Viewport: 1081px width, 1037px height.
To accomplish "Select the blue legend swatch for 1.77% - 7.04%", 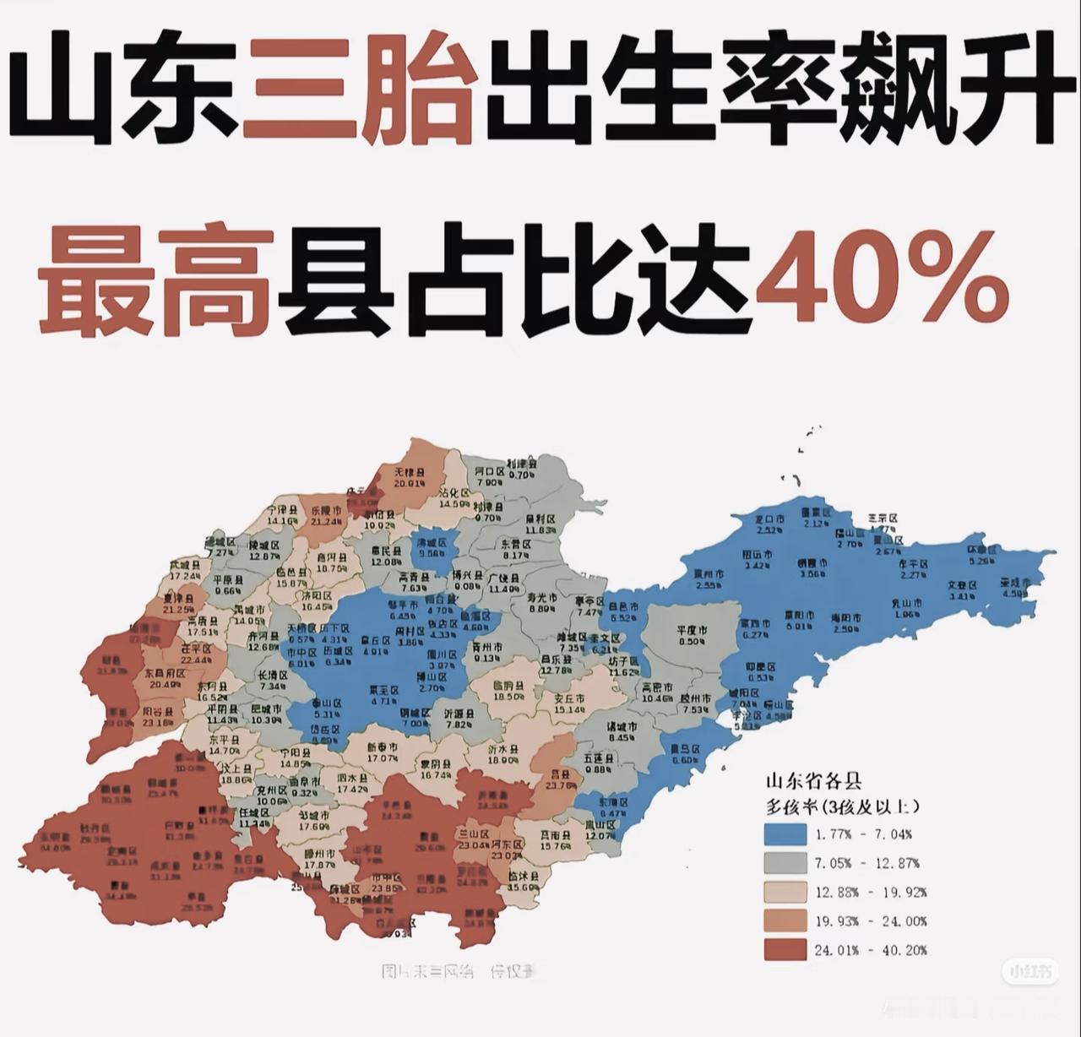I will click(x=785, y=834).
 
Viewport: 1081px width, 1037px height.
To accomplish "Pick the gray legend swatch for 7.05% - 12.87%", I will click(x=785, y=863).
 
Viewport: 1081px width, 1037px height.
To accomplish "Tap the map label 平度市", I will click(x=692, y=630).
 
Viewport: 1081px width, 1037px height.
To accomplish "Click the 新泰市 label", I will click(x=383, y=747).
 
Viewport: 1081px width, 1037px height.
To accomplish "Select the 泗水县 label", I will click(x=351, y=777).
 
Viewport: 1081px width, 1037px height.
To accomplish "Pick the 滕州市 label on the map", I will click(x=320, y=854).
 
